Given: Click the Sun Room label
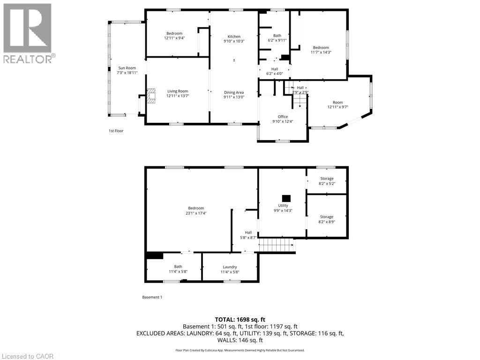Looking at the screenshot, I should pos(127,68).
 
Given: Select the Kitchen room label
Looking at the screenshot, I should pos(234,37).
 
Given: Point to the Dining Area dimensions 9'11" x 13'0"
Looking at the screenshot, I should pos(234,97).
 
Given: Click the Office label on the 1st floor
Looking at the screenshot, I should pos(283,117).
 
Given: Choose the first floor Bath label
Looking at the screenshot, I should pos(277,36).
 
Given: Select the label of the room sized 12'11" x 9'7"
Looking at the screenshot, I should pos(338,102).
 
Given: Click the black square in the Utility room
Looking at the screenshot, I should pos(285,198).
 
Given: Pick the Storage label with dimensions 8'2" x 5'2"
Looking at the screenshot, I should pos(327,179).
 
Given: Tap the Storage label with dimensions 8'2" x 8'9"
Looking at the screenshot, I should pos(327,217).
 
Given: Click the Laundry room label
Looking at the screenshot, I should pos(230,267).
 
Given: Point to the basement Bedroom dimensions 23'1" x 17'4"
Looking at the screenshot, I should pos(196,213).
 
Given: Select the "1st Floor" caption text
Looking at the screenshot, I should pos(116,131).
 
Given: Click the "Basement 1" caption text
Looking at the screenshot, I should pos(152,297).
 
